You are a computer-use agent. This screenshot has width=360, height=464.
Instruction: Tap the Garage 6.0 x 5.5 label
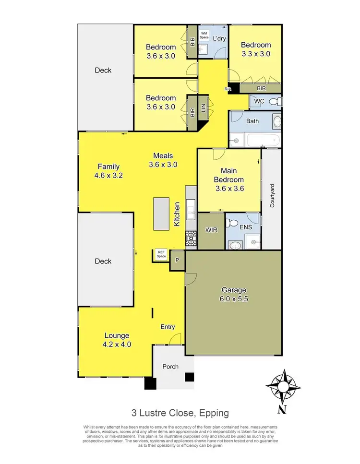234,294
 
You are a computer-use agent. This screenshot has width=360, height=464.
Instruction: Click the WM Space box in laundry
204,35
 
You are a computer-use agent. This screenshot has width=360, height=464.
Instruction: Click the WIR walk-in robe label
211,230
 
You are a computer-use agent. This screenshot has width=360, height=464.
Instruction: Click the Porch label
170,367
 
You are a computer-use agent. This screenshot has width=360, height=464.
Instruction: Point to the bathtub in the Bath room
262,141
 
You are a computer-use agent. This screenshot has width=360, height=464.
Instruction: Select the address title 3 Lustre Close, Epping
180,413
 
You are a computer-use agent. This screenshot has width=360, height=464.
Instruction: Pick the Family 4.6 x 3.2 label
109,171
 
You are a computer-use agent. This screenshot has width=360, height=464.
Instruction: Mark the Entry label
168,327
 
